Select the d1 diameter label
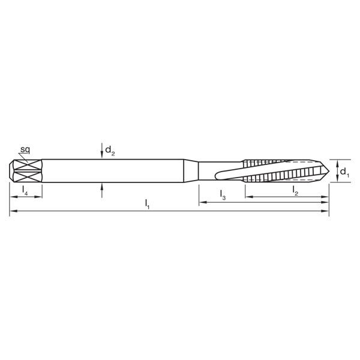pyautogui.click(x=343, y=172)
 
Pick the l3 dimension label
pyautogui.click(x=223, y=194)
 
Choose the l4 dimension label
pyautogui.click(x=25, y=190)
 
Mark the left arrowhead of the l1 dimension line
pyautogui.click(x=12, y=212)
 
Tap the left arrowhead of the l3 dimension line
pyautogui.click(x=202, y=203)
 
